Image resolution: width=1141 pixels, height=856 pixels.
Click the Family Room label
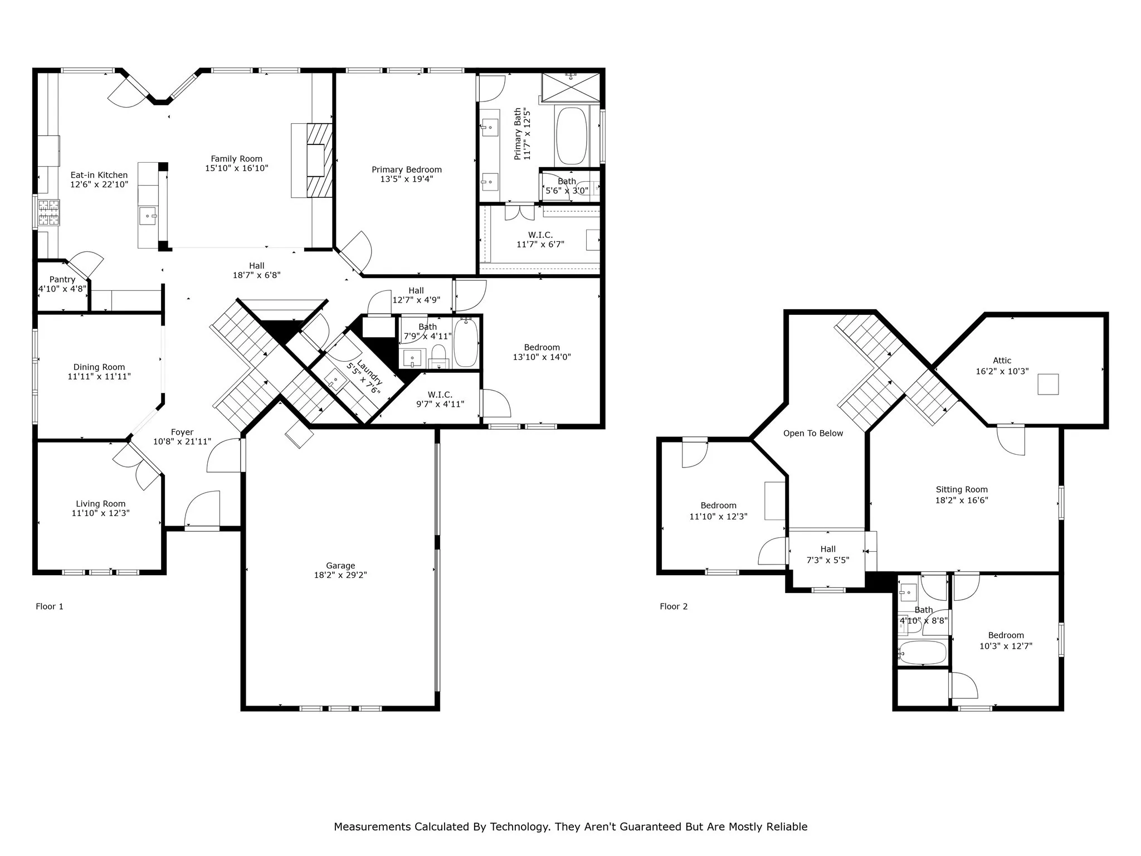236,159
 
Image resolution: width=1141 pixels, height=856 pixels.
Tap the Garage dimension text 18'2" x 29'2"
340,575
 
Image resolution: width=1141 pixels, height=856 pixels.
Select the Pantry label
62,279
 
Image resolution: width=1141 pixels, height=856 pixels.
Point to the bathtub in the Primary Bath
572,135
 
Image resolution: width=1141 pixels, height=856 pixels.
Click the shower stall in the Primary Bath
571,87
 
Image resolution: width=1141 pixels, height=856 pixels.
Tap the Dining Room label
99,367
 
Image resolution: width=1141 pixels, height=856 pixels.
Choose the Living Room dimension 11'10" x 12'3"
101,513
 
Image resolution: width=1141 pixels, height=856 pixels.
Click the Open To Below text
813,434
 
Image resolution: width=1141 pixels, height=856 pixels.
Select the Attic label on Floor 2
1002,361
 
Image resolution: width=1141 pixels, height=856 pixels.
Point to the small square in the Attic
1048,385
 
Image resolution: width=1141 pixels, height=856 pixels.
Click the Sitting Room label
962,490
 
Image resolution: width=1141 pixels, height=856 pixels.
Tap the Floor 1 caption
50,606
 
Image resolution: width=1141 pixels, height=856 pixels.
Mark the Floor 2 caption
674,606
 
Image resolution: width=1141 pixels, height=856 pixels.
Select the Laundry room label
369,373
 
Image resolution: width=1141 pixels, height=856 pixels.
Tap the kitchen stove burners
48,212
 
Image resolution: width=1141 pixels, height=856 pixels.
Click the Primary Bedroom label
407,170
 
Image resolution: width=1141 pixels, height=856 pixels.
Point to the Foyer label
182,432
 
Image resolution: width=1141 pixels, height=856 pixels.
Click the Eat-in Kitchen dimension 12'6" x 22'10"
99,184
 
